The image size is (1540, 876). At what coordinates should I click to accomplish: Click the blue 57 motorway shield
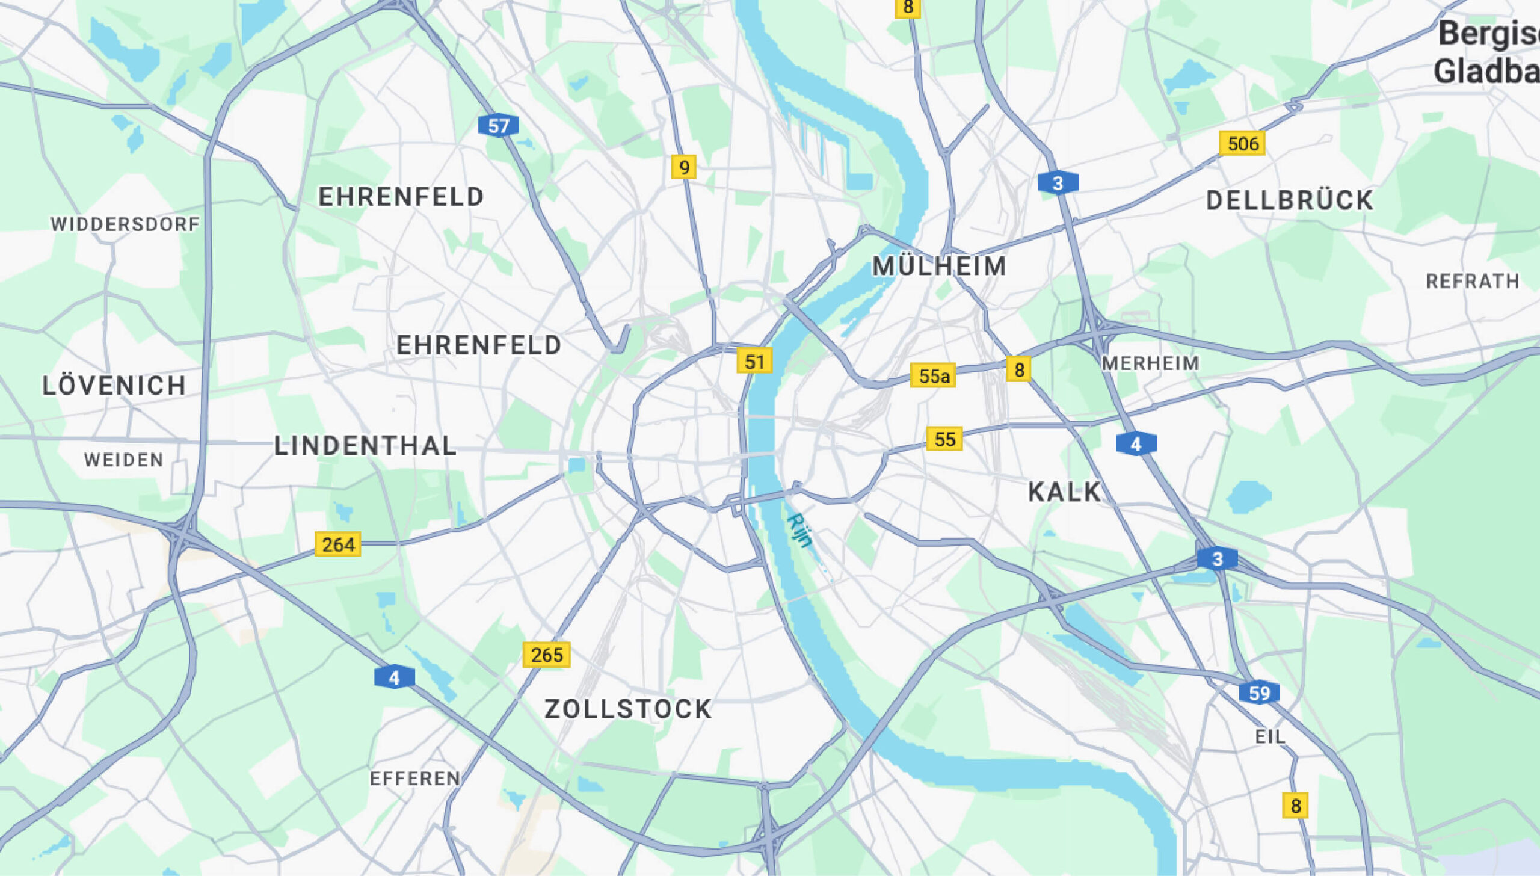498,126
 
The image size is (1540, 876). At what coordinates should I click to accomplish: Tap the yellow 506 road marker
1242,144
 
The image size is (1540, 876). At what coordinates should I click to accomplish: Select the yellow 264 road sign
338,544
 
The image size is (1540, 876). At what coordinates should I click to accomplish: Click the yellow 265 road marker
546,655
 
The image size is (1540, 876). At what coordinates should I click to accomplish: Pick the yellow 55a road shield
933,376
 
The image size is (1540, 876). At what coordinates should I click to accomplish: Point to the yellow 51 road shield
754,362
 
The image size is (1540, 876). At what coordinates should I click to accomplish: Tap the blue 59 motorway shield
1259,693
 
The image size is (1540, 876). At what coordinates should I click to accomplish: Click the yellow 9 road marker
684,167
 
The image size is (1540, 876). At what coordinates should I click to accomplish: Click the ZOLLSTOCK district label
628,709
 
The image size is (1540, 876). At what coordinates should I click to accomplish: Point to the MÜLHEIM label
940,267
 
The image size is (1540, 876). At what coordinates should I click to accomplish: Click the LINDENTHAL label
365,446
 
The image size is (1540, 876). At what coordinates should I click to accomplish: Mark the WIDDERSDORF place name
125,224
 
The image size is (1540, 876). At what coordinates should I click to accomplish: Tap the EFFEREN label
415,779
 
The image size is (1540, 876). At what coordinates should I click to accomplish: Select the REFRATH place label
1473,281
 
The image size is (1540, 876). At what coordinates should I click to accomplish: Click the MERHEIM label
1151,363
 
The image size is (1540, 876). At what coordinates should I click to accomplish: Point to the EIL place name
1270,736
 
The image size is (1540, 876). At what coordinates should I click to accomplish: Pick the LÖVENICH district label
114,386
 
